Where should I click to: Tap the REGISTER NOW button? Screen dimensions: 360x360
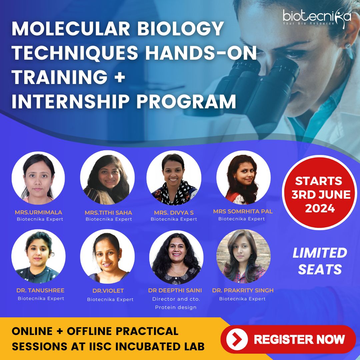pos(288,339)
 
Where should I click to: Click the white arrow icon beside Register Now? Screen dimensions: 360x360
pos(237,339)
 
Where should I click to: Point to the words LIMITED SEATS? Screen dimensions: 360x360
pos(320,261)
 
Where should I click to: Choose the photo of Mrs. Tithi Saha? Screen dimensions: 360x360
pos(107,178)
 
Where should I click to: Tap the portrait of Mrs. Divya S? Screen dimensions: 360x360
pos(174,178)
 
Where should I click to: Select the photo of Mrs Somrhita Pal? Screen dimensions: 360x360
pos(243,178)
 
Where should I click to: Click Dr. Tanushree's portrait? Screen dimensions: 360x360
pos(38,256)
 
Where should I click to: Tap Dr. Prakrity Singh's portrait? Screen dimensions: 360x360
pos(243,256)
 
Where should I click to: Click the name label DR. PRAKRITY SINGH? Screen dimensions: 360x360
pos(243,290)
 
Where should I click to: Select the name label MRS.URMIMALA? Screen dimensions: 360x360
pos(38,212)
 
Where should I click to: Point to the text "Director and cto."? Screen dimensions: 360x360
pos(176,299)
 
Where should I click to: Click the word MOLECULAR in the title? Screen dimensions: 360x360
pos(68,29)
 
